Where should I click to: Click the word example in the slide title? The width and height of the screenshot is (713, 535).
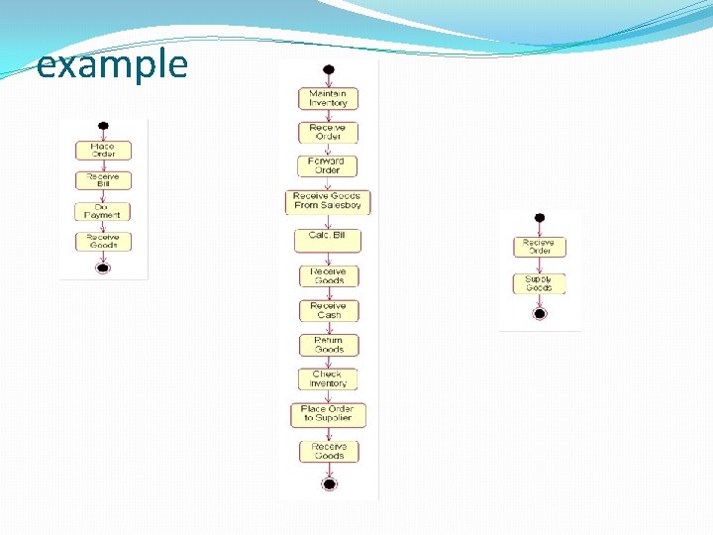pyautogui.click(x=112, y=64)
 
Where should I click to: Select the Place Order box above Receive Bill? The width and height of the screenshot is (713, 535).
pyautogui.click(x=103, y=151)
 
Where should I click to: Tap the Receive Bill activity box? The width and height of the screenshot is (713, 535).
pyautogui.click(x=103, y=180)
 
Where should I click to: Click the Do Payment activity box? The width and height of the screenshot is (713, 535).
pyautogui.click(x=103, y=211)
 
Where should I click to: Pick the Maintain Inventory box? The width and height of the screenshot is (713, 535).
pyautogui.click(x=328, y=98)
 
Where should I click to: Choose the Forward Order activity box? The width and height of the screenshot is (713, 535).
pyautogui.click(x=328, y=165)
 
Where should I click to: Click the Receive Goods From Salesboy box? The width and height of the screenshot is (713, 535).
pyautogui.click(x=328, y=201)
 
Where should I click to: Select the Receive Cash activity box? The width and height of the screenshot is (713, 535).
pyautogui.click(x=328, y=310)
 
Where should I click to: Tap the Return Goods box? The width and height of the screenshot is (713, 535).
pyautogui.click(x=328, y=345)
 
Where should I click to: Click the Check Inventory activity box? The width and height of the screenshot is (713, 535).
pyautogui.click(x=328, y=379)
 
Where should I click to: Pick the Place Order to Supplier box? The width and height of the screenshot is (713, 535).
pyautogui.click(x=328, y=414)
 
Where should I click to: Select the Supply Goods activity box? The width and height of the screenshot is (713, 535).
pyautogui.click(x=539, y=284)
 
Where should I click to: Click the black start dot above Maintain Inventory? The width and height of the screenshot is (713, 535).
pyautogui.click(x=328, y=69)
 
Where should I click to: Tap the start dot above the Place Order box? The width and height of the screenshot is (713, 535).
pyautogui.click(x=103, y=127)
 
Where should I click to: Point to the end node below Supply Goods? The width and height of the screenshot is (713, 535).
pyautogui.click(x=540, y=313)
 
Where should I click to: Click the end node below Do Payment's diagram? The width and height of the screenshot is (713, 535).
pyautogui.click(x=103, y=267)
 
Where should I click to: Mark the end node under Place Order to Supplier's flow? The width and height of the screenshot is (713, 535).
pyautogui.click(x=329, y=483)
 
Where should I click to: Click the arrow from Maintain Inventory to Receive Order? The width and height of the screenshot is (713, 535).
pyautogui.click(x=328, y=115)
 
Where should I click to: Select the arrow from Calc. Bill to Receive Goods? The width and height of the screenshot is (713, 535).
pyautogui.click(x=328, y=258)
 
